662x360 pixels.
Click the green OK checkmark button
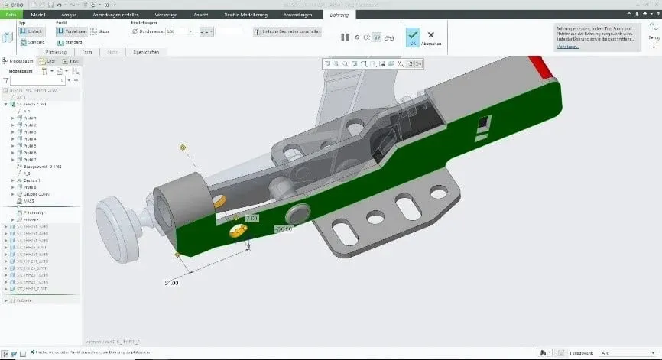[411, 35]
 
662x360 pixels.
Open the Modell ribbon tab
[38, 14]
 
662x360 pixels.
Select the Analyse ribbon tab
[68, 14]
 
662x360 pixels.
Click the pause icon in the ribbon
[344, 37]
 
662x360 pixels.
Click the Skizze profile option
[99, 31]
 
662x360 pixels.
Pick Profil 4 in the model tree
[30, 138]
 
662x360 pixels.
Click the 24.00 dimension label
[171, 282]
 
